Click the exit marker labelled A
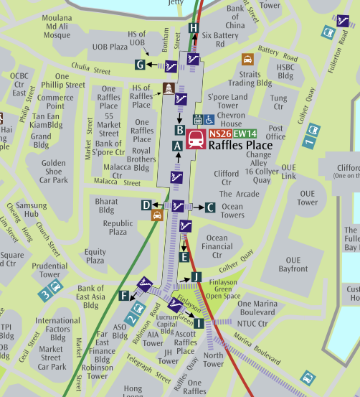pos(176,144)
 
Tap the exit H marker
pos(193,28)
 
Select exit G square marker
pos(141,65)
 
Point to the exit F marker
pos(124,295)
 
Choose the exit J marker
pos(196,277)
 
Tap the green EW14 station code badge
pos(244,133)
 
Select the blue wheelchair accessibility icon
pos(209,119)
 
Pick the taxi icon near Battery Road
pos(247,60)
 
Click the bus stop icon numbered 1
pos(311,135)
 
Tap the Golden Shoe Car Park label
pos(54,172)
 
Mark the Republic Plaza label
pos(118,228)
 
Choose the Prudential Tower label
pos(49,269)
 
